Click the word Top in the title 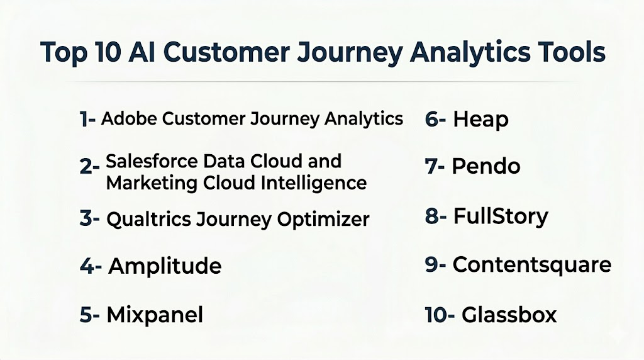64,53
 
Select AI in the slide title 142,52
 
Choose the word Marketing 152,183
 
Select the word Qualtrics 148,219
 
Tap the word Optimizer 323,219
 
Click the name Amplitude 165,266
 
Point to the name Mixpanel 155,315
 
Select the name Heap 480,120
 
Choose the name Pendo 486,166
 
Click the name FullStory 501,217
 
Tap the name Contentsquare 532,265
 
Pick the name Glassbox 509,315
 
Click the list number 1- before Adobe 87,119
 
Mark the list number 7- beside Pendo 435,166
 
